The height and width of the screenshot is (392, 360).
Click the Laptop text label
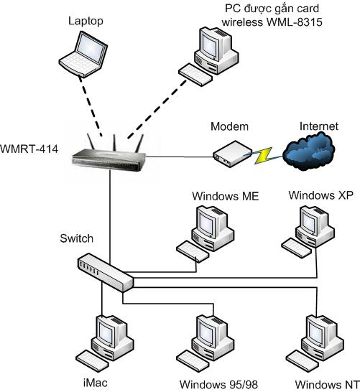(86, 21)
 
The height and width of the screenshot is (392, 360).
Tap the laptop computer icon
(83, 55)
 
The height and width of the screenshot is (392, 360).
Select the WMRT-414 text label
(29, 149)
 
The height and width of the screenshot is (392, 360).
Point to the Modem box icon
(233, 154)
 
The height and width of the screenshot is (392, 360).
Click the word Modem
(229, 126)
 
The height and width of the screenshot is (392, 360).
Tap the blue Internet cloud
(309, 151)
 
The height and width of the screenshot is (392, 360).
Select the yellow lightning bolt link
(263, 156)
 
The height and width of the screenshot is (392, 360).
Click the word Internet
(319, 126)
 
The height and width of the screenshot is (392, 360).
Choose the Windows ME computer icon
(206, 234)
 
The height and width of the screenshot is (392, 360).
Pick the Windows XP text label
(321, 195)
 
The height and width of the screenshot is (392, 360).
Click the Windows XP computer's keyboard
(297, 248)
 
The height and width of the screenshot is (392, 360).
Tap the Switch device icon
(106, 273)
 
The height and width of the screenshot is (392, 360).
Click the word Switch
(77, 238)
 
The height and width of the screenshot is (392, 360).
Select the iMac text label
(96, 383)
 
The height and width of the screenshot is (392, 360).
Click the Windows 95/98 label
(218, 385)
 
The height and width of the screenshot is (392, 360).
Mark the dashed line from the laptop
(90, 106)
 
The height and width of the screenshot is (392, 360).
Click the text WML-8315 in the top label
(295, 22)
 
